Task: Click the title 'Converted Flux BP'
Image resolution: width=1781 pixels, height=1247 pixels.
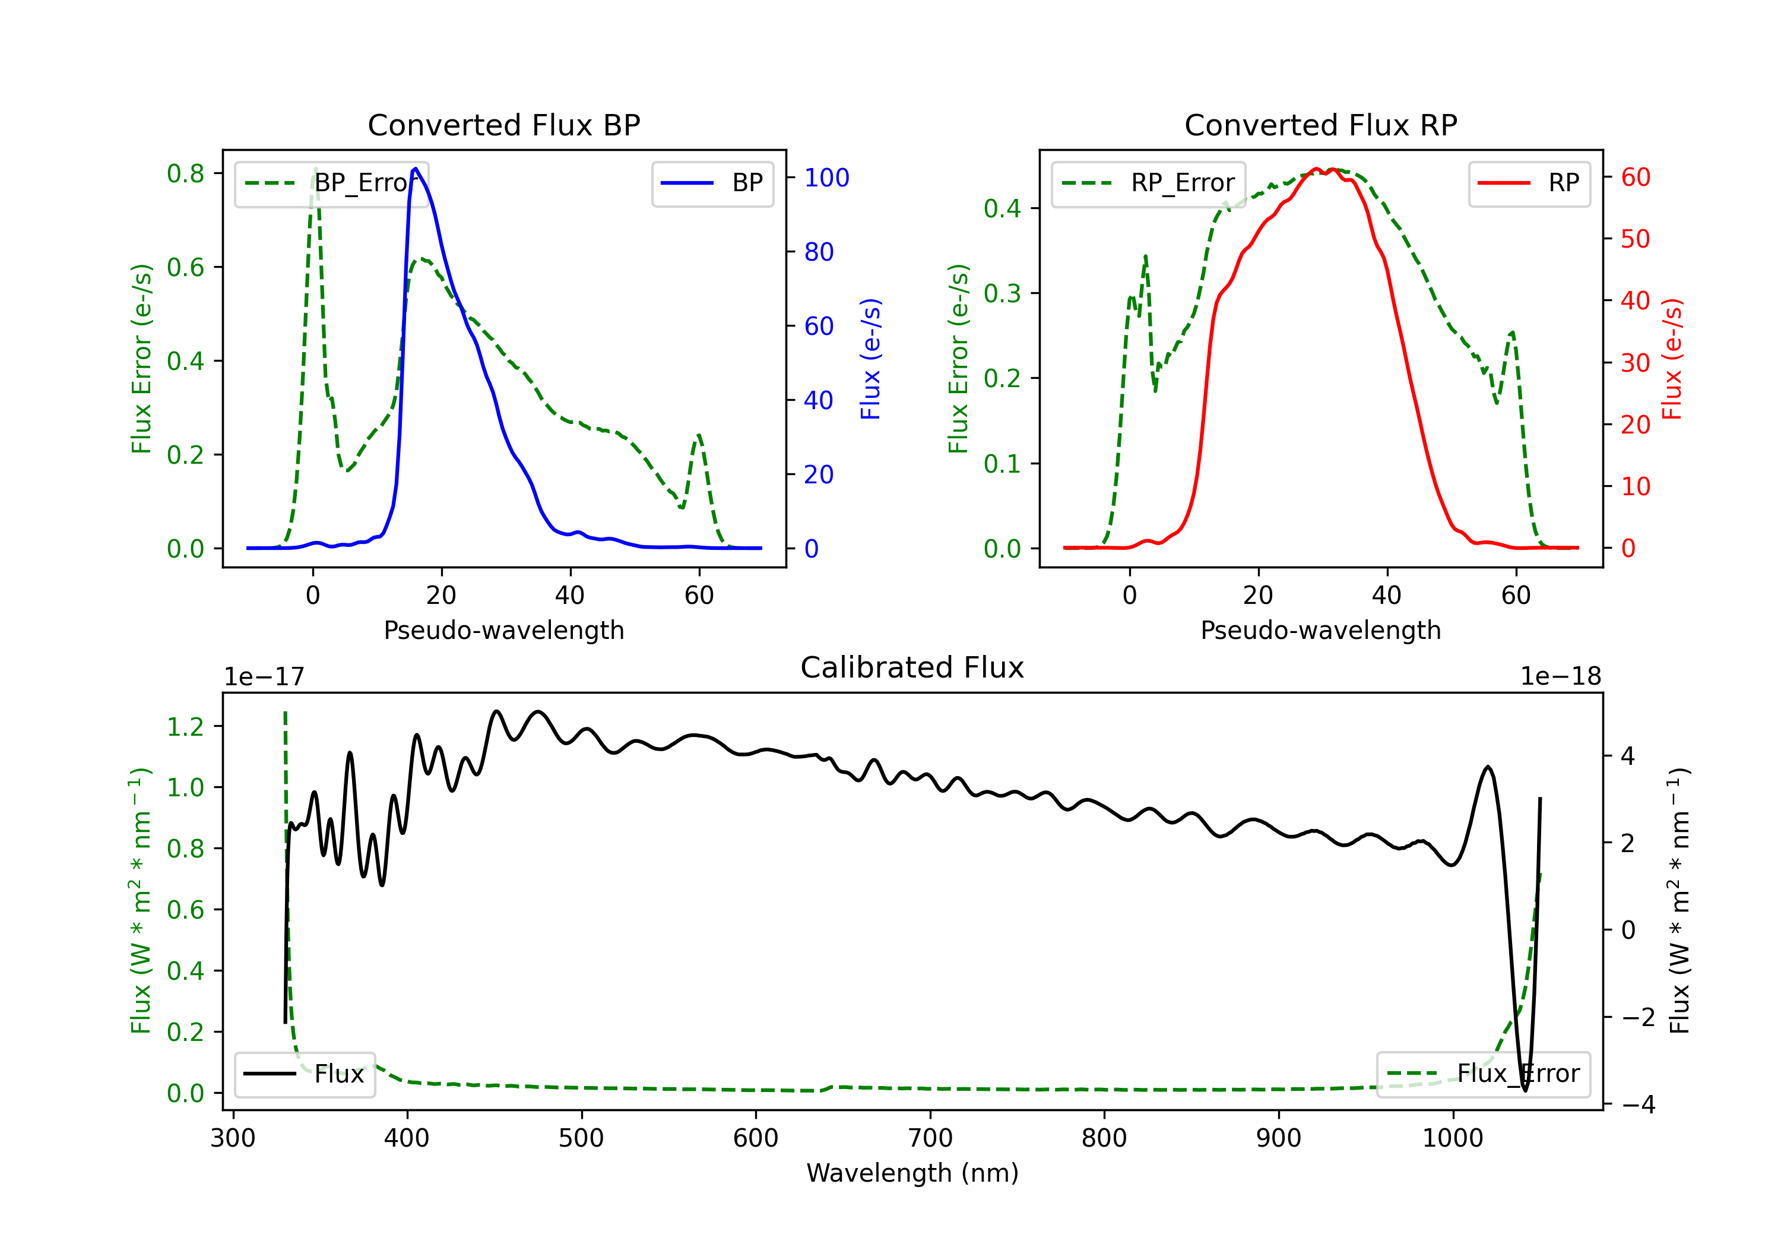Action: pos(503,125)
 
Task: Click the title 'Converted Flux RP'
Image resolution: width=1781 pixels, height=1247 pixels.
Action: pos(1320,125)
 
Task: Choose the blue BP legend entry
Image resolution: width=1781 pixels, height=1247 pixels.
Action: pos(712,183)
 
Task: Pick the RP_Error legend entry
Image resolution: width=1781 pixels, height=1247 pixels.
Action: pos(1148,183)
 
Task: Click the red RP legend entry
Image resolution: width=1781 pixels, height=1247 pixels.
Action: pos(1529,183)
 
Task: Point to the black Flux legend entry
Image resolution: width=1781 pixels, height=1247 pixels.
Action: pos(305,1074)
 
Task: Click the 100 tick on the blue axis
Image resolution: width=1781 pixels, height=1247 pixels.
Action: pos(826,178)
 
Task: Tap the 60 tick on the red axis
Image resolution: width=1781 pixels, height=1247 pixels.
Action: pos(1635,177)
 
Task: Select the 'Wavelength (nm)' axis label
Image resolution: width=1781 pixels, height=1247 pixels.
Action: pos(912,1173)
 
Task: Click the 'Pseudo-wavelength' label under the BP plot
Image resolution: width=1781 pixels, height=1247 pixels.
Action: pos(503,630)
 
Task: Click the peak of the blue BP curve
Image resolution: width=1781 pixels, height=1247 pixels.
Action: pos(416,169)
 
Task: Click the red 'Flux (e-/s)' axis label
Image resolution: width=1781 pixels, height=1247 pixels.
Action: pos(1672,359)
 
